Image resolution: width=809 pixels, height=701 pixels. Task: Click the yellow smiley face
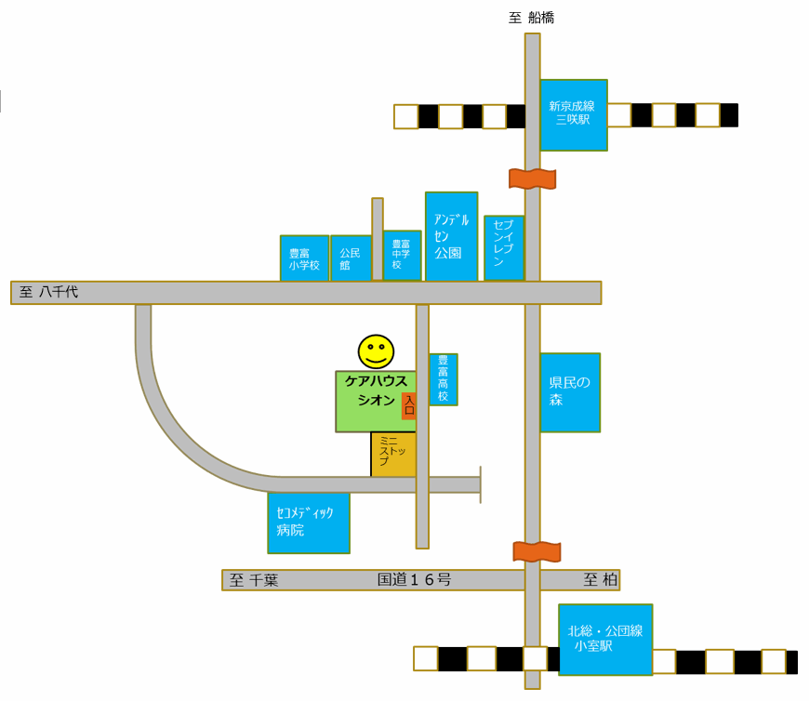(x=376, y=351)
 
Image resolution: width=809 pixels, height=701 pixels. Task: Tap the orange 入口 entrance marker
(x=409, y=405)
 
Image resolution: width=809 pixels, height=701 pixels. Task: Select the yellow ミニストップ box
(x=393, y=455)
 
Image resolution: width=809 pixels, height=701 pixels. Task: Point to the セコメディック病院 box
(x=309, y=523)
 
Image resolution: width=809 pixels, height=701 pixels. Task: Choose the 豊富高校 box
(x=444, y=379)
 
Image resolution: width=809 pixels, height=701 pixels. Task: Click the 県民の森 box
(x=570, y=392)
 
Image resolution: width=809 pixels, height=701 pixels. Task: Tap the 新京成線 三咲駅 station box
(x=574, y=115)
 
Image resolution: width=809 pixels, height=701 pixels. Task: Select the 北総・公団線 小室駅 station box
(x=605, y=640)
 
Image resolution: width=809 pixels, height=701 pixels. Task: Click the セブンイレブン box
(x=504, y=248)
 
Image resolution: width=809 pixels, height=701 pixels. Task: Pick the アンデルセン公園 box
(x=451, y=237)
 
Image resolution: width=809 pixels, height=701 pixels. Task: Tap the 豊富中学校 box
(x=402, y=256)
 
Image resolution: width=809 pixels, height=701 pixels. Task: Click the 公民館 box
(x=351, y=258)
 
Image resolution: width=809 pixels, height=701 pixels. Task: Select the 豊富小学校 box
(x=304, y=258)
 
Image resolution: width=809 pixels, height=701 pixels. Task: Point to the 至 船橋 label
(x=531, y=18)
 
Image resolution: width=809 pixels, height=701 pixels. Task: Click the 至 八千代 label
(x=49, y=292)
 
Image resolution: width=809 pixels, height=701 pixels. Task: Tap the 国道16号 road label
(x=415, y=580)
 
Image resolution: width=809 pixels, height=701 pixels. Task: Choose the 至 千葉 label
(x=254, y=580)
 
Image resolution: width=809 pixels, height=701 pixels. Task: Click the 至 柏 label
(x=601, y=580)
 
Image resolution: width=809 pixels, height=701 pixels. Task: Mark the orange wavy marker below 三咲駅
(x=533, y=179)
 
